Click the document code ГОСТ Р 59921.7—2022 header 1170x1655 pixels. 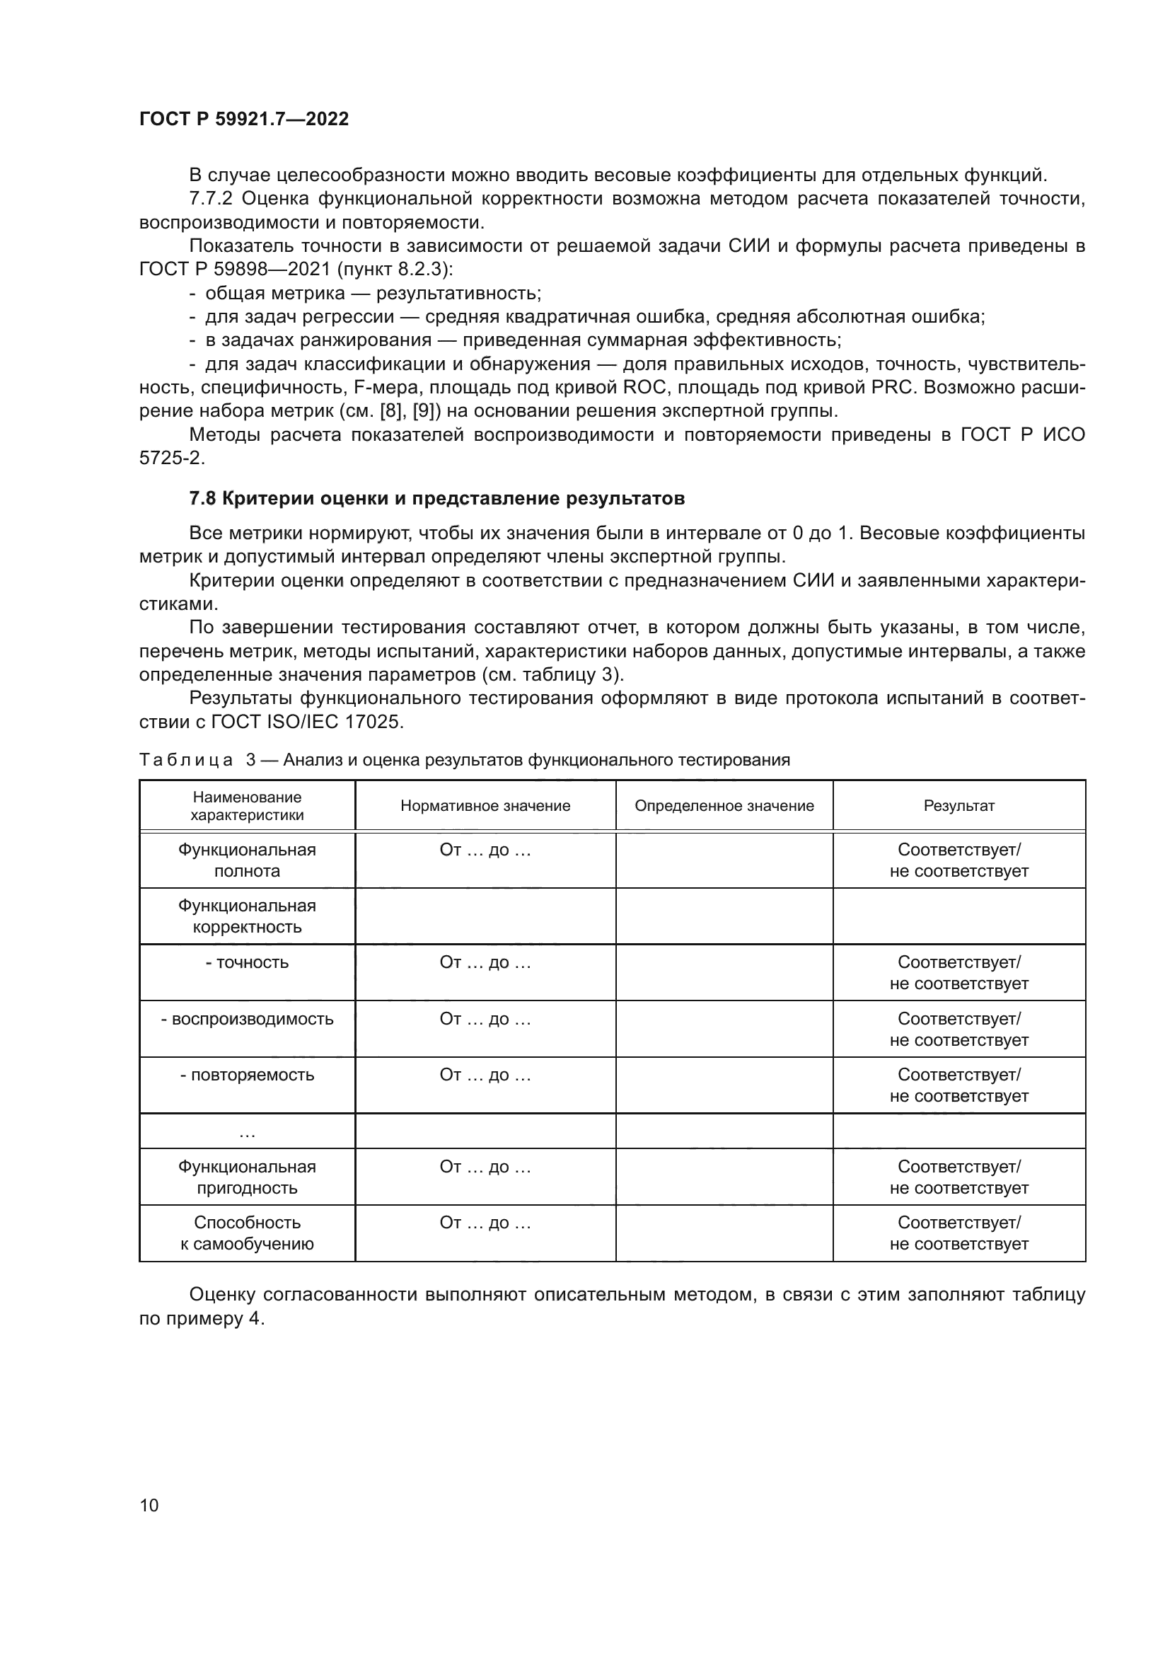[x=243, y=119]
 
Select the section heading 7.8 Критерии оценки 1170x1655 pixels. [x=436, y=498]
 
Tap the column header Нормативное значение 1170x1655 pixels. [x=485, y=806]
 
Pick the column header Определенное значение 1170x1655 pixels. [x=724, y=806]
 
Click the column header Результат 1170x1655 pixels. [x=959, y=806]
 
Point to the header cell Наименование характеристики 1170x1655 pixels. [x=247, y=806]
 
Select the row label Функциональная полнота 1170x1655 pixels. [x=247, y=860]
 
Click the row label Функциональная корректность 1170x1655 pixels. [x=247, y=916]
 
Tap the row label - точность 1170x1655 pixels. [x=247, y=962]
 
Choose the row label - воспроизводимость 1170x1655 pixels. [x=247, y=1018]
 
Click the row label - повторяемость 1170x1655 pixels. [x=247, y=1075]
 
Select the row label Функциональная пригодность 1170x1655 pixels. [x=247, y=1177]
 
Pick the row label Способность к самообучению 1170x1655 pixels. [x=247, y=1233]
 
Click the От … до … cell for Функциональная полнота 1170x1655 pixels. [x=485, y=850]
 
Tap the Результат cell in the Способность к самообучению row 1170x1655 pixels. [x=959, y=1233]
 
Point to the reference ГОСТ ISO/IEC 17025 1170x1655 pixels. [x=306, y=722]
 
